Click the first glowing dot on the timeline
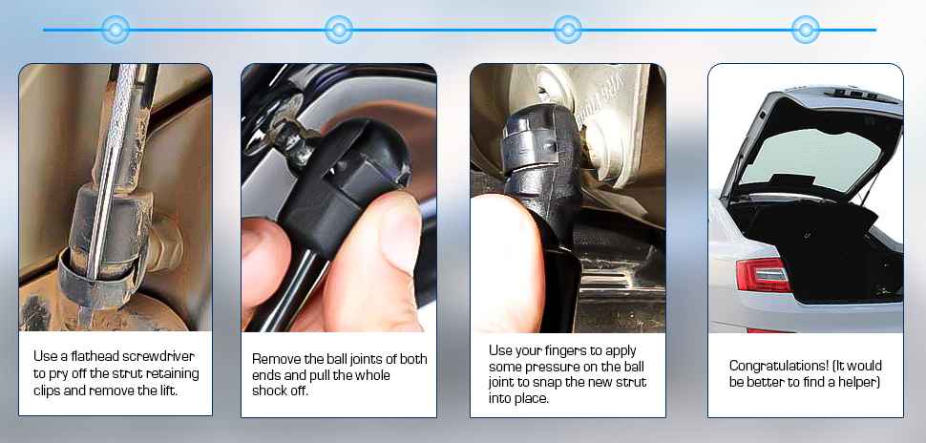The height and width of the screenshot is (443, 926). click(x=116, y=30)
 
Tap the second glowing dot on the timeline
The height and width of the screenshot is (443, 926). click(x=339, y=30)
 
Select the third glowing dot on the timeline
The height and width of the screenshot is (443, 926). click(x=568, y=30)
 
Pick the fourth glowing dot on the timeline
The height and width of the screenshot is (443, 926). click(x=806, y=30)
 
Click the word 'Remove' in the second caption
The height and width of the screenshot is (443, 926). click(x=275, y=359)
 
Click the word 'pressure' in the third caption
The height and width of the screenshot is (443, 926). click(x=554, y=367)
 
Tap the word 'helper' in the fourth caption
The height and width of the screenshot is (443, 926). click(x=855, y=382)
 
